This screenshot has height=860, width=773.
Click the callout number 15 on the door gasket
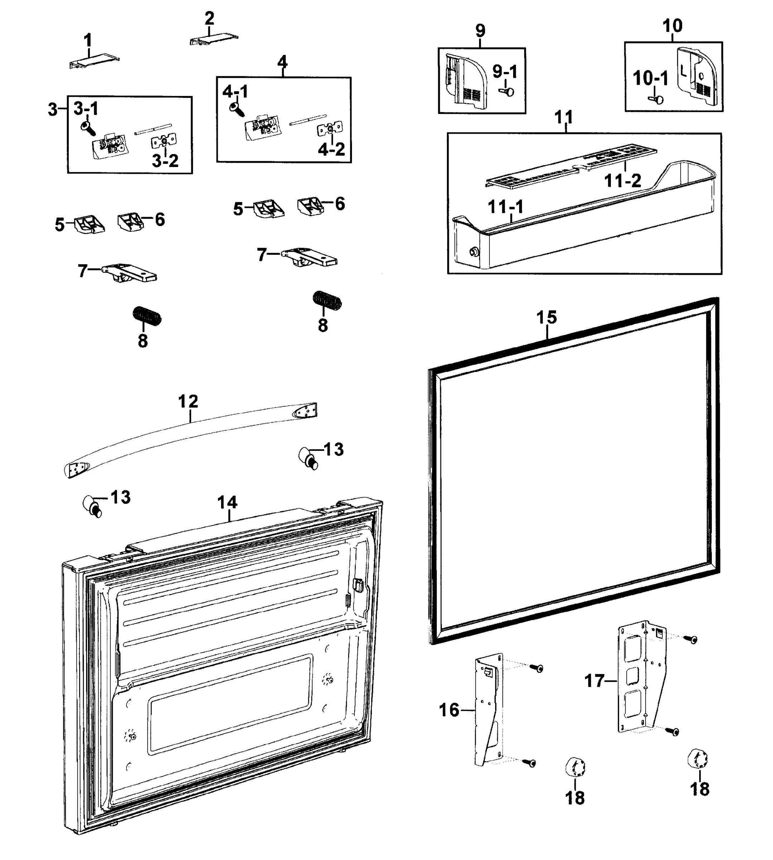pyautogui.click(x=546, y=317)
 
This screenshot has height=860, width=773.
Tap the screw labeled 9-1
pyautogui.click(x=508, y=91)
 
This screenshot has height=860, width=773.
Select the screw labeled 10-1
pyautogui.click(x=657, y=100)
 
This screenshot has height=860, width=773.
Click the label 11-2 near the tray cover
pyautogui.click(x=623, y=181)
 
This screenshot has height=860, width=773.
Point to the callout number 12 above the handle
pyautogui.click(x=188, y=401)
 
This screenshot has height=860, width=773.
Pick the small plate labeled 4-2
pyautogui.click(x=330, y=129)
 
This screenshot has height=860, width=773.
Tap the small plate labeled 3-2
pyautogui.click(x=164, y=141)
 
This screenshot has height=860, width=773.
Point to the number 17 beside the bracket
pyautogui.click(x=594, y=680)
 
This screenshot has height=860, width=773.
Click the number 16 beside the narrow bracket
pyautogui.click(x=449, y=709)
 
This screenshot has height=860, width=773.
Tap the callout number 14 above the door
pyautogui.click(x=227, y=502)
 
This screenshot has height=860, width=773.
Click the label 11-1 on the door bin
pyautogui.click(x=506, y=207)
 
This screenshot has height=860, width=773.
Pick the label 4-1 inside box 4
pyautogui.click(x=235, y=92)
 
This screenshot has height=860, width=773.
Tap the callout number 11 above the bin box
pyautogui.click(x=564, y=117)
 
